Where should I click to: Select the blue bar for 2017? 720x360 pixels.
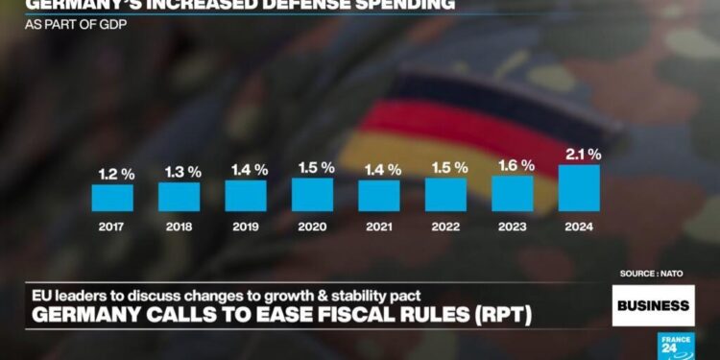pos(112,198)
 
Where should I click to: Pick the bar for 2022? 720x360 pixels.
pos(445,195)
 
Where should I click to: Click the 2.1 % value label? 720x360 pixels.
pos(582,154)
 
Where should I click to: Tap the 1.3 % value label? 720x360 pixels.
pos(180,172)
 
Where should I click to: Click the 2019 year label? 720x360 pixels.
pos(246,228)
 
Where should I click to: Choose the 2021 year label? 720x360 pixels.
pos(379,228)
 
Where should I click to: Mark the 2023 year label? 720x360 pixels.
pos(513,228)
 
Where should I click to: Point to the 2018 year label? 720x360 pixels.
pos(180,228)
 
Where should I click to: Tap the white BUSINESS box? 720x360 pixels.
pos(653,305)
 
